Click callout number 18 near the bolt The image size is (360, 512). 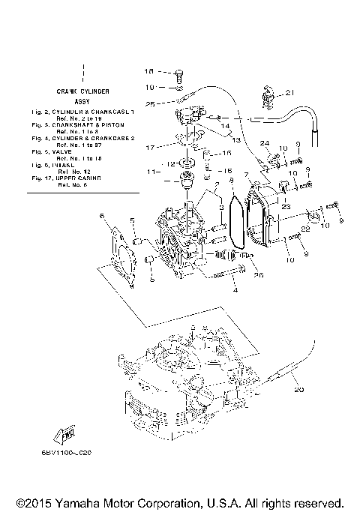148,72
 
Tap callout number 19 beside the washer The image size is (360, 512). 148,87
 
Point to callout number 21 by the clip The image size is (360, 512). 291,93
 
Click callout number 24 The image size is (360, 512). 265,143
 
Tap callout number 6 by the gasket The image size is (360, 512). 100,216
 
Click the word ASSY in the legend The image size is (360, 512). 82,99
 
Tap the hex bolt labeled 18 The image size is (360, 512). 179,73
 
